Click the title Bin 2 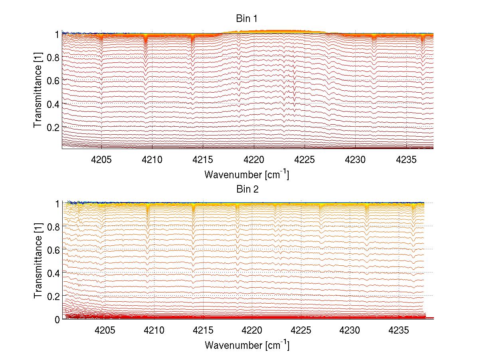click(247, 189)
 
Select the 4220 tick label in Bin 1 click(254, 160)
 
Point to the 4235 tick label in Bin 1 click(406, 160)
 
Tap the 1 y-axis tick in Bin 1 click(57, 34)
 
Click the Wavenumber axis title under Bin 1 click(247, 175)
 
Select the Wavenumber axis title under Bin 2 click(247, 345)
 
